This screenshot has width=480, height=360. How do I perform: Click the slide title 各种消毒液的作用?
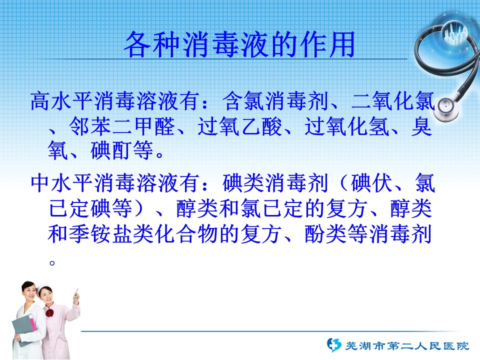tap(239, 44)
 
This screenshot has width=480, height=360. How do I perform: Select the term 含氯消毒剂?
tap(275, 101)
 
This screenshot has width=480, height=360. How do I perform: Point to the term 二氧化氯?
tap(393, 101)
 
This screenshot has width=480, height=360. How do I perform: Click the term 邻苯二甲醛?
tap(122, 126)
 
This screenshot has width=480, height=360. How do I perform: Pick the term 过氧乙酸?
tap(239, 126)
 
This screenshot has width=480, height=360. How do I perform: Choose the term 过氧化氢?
tap(346, 126)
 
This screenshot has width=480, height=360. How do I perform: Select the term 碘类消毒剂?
tap(275, 183)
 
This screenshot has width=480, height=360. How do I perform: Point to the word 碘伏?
tap(371, 183)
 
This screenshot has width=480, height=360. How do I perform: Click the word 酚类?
tap(325, 234)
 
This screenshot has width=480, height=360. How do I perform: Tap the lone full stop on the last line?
tap(52, 262)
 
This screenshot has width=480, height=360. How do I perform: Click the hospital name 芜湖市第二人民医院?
tap(407, 346)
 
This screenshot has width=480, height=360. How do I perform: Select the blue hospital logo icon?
tap(333, 345)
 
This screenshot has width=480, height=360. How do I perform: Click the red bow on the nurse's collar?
tap(49, 313)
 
